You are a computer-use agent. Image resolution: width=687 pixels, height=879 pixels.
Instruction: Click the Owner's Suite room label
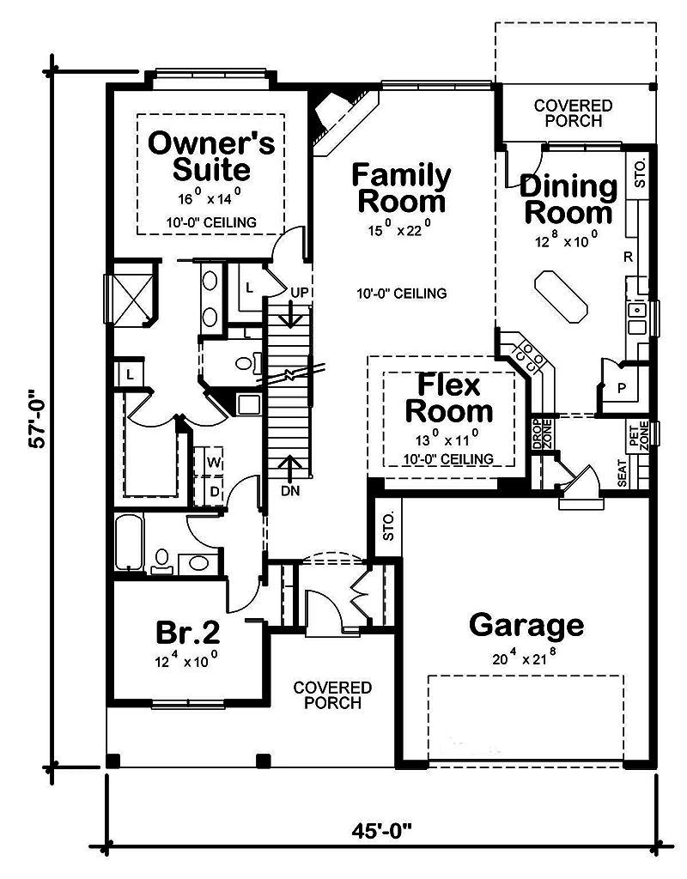(211, 155)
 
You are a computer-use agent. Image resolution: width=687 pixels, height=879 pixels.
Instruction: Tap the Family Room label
(401, 188)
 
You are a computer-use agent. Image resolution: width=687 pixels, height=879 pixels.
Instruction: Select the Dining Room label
(568, 198)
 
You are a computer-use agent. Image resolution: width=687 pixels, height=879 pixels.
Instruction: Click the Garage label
(526, 625)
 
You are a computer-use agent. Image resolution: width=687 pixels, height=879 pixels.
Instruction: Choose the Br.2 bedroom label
(188, 633)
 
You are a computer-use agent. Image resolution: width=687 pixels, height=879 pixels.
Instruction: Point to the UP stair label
(299, 294)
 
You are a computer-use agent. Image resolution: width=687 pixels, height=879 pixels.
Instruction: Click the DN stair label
(290, 492)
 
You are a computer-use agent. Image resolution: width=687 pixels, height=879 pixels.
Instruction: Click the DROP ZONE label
(537, 434)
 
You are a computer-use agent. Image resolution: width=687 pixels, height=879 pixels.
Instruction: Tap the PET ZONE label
(639, 433)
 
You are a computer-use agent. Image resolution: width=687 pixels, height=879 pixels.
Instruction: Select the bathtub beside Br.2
(130, 543)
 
